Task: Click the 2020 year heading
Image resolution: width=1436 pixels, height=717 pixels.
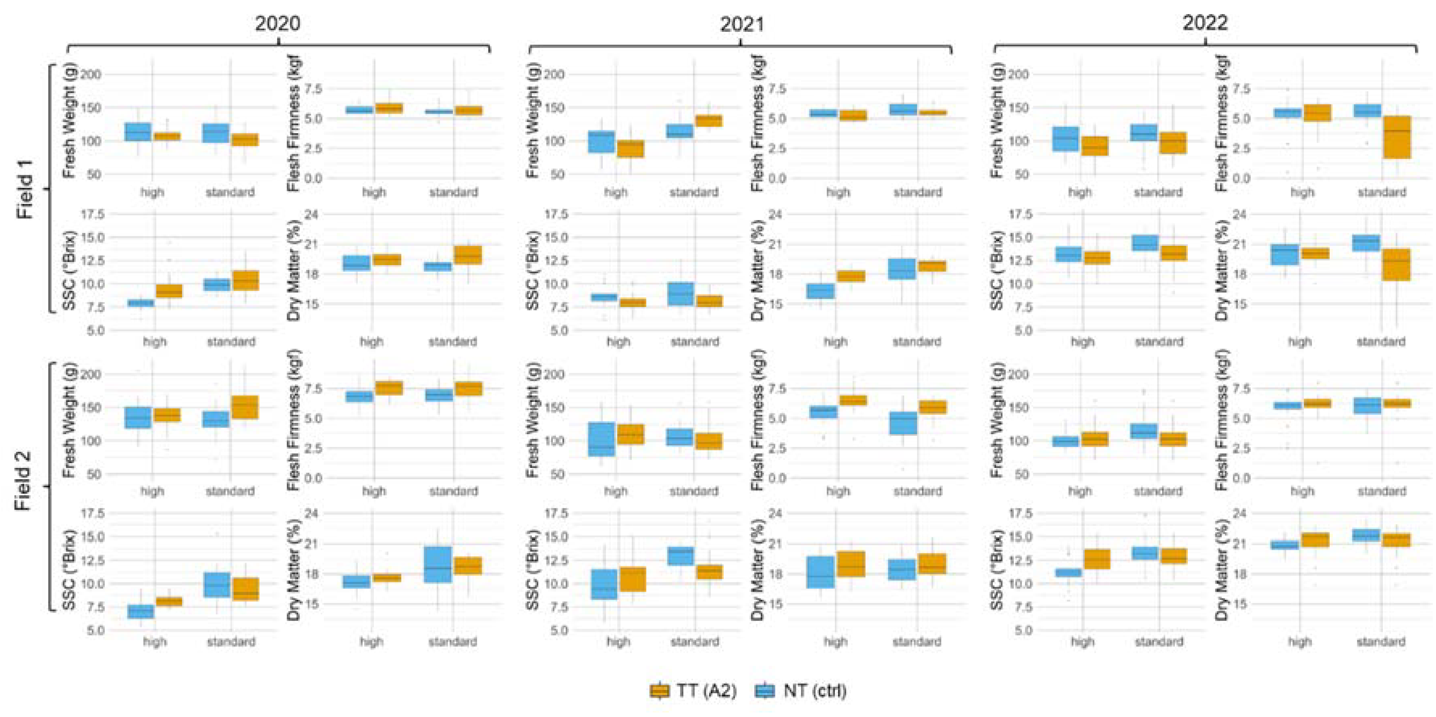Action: coord(277,23)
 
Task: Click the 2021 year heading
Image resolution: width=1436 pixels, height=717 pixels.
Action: coord(741,23)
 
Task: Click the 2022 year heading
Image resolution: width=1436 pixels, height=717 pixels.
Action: coord(1205,23)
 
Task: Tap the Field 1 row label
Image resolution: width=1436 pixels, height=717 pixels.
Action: coord(25,189)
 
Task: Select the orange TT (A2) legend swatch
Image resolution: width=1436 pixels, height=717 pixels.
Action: coord(660,691)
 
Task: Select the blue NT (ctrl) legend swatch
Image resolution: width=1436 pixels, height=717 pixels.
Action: coord(765,691)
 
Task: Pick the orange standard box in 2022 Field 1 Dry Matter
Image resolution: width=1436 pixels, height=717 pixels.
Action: coord(1397,265)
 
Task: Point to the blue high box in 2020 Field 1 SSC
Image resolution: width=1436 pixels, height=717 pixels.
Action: coord(141,303)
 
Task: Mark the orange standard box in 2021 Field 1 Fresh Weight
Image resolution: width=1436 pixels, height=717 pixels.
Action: coord(708,121)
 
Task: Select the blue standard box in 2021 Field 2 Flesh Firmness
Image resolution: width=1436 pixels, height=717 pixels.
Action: coord(904,423)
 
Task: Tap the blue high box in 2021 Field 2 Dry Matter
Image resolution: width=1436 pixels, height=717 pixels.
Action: coord(821,572)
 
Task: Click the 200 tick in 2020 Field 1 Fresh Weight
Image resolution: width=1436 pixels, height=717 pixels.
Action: coord(92,74)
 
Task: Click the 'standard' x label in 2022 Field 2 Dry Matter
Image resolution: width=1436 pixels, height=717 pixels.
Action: coord(1381,641)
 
